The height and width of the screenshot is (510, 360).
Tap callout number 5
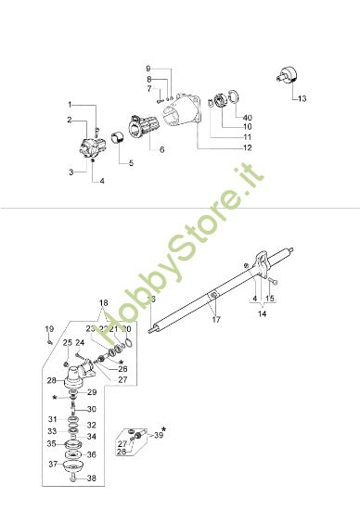tap(130, 163)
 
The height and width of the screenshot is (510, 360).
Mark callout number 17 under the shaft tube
tap(215, 319)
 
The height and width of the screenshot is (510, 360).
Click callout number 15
tap(270, 299)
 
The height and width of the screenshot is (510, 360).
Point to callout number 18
tap(104, 303)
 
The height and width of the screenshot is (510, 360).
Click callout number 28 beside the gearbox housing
tap(52, 380)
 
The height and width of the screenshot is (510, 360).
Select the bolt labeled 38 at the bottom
tap(71, 480)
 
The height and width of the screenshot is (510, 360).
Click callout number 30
tap(91, 409)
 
